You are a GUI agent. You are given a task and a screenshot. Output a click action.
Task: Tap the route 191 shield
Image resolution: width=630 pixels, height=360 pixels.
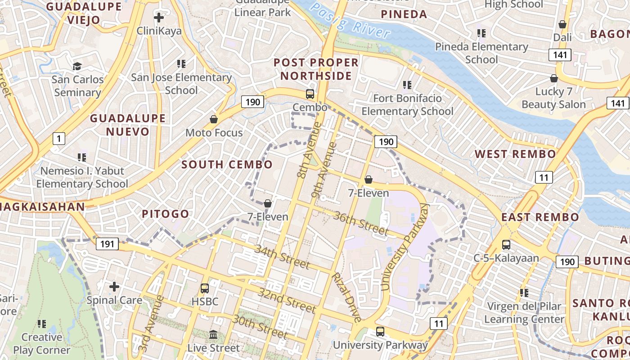[x=107, y=244]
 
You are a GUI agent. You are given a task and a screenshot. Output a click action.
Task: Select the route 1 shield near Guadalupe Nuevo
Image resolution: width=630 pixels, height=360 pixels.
[x=58, y=138]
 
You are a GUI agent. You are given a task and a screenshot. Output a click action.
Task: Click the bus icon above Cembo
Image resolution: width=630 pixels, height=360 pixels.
[x=310, y=94]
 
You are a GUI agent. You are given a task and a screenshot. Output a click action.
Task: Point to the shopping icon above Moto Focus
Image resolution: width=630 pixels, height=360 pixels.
[x=214, y=119]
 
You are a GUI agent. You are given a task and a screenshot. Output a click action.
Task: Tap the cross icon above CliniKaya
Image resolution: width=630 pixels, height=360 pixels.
[x=158, y=18]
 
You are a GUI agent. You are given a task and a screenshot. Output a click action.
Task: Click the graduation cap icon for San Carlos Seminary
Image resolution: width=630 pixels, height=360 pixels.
[x=77, y=67]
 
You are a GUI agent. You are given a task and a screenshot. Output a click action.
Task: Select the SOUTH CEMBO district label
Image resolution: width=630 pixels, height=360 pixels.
[x=227, y=165]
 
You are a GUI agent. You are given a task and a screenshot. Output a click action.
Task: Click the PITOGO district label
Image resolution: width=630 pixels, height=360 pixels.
[x=165, y=214]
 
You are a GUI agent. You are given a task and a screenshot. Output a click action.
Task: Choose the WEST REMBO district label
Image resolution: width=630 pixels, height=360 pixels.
[x=515, y=154]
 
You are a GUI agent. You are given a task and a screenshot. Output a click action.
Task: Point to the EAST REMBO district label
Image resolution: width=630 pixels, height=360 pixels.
[x=540, y=217]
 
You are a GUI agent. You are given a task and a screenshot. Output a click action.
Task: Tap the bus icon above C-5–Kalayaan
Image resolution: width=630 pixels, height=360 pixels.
[x=506, y=245]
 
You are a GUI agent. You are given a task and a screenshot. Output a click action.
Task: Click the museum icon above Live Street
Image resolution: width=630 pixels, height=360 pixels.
[x=214, y=335]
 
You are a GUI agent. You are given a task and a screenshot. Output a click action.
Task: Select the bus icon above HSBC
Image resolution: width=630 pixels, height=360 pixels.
[x=205, y=288]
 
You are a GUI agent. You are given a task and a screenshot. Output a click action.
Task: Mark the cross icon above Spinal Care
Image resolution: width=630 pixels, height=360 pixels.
[x=114, y=286]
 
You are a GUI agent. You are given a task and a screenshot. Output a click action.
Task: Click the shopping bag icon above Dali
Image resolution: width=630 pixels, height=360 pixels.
[x=562, y=24]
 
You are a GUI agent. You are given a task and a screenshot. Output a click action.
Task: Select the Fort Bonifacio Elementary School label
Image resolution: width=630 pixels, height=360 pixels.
[x=407, y=105]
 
